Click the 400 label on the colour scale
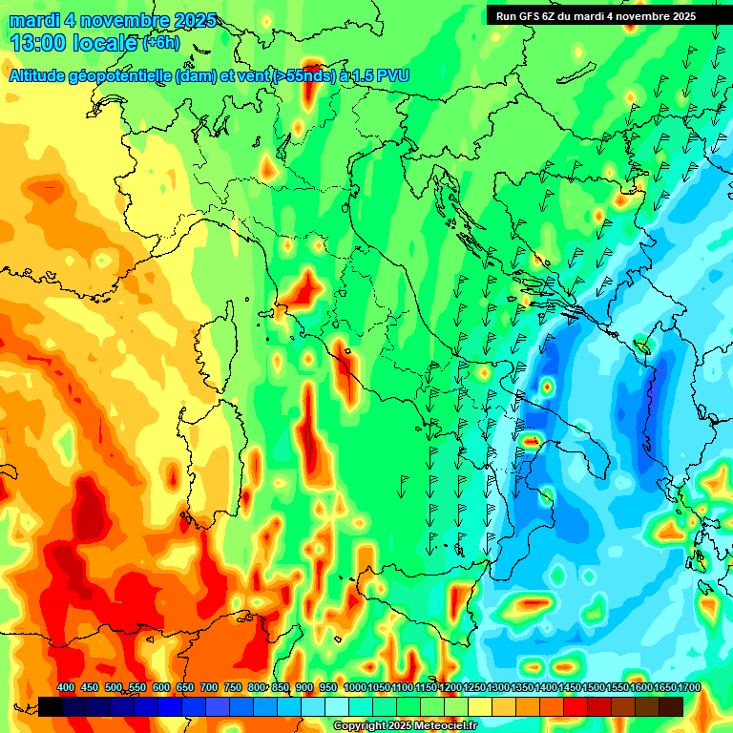tap(66, 688)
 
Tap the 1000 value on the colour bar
tap(354, 688)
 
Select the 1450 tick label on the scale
tap(570, 688)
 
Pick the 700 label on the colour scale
tap(210, 688)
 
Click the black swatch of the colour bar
tap(51, 706)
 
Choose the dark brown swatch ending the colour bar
tap(671, 706)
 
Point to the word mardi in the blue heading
tap(31, 20)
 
